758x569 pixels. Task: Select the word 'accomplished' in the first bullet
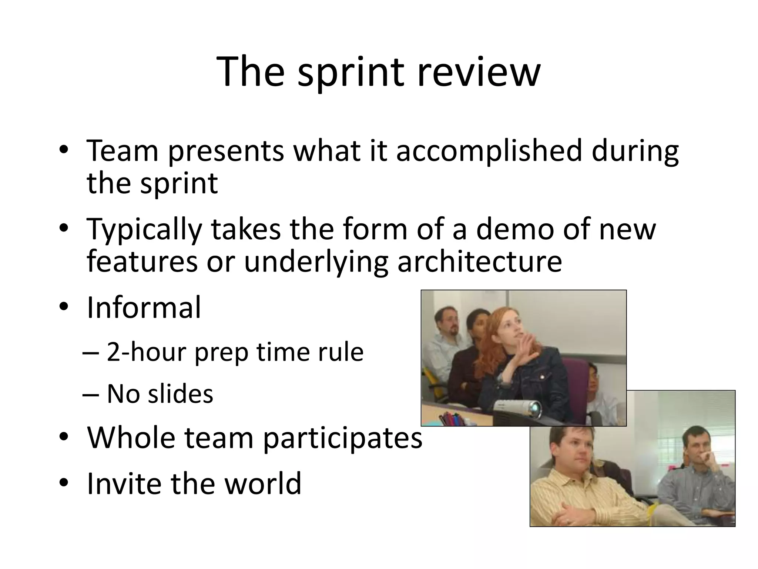(x=489, y=151)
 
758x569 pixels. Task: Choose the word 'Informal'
(x=144, y=307)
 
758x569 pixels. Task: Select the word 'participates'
(x=343, y=437)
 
